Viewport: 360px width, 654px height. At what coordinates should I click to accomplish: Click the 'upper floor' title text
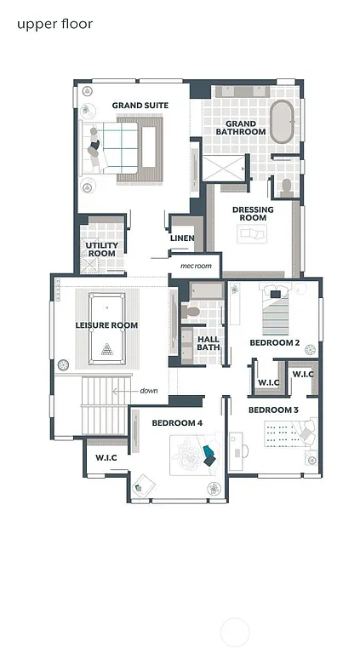54,24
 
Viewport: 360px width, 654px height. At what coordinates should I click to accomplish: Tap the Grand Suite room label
140,106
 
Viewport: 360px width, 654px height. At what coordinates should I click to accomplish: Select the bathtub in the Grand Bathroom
282,122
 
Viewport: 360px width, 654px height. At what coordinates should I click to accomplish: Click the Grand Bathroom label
240,128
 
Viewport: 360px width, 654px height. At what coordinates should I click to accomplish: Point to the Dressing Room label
253,213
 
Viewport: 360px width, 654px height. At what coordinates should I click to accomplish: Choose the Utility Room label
101,249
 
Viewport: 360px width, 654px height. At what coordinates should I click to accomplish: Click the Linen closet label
182,238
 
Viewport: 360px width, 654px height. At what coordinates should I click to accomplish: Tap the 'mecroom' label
195,266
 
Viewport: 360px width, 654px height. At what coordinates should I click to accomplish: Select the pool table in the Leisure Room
106,324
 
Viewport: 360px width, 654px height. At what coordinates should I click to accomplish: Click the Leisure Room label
106,325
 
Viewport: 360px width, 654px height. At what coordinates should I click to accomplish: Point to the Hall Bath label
209,342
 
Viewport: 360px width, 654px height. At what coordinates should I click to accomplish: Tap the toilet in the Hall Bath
191,313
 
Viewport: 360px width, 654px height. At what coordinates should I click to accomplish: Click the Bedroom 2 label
274,342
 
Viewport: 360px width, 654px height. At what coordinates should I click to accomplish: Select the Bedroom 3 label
273,410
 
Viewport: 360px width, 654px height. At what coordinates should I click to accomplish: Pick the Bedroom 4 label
177,422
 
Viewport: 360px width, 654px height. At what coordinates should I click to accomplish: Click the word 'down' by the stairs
150,391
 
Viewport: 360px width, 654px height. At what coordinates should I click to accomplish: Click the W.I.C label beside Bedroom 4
106,457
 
